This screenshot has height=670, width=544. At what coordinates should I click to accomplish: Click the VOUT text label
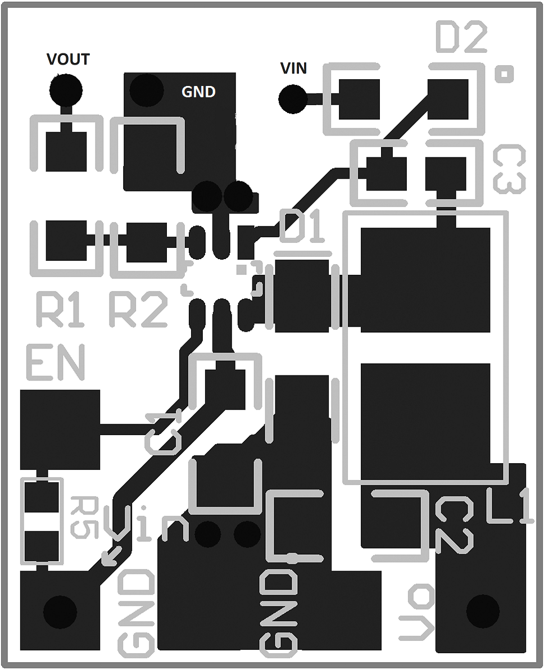[x=68, y=59]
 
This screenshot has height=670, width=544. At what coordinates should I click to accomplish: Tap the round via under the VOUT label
[x=66, y=89]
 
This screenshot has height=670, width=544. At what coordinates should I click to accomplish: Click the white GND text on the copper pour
[x=198, y=92]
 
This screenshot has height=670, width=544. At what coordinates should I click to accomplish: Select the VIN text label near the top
[x=293, y=69]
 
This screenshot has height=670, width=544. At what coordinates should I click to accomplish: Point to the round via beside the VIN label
[x=293, y=99]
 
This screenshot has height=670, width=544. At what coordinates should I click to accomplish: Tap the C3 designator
[x=509, y=170]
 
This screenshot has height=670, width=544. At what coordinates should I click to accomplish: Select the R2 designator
[x=138, y=310]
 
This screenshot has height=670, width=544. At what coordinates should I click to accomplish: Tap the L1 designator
[x=509, y=508]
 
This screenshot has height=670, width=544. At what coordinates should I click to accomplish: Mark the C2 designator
[x=454, y=526]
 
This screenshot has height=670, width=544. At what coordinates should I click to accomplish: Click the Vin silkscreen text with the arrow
[x=149, y=525]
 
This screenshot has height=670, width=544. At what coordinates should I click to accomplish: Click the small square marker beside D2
[x=504, y=74]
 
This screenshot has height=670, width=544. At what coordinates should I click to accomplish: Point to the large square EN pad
[x=60, y=429]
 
